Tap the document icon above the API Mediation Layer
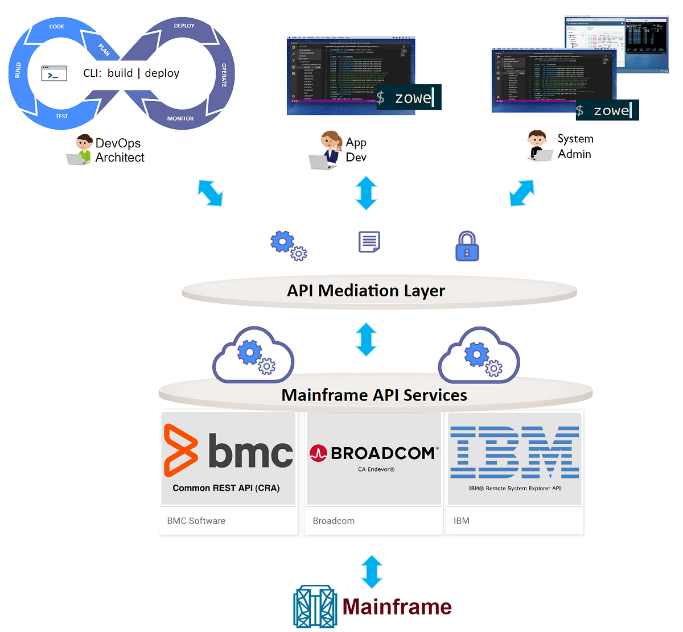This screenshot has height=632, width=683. coord(369,242)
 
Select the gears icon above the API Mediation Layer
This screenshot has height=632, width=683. coord(288,246)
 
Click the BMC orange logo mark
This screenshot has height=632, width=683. coord(180,450)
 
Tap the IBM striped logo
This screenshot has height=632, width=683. coord(515,452)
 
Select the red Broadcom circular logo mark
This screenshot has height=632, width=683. coord(318,453)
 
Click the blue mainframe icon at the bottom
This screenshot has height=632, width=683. coord(315,607)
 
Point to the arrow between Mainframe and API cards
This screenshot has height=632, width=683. coord(372,571)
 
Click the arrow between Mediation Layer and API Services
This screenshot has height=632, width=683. coord(366,339)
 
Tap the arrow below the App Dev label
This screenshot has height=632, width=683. coord(366,193)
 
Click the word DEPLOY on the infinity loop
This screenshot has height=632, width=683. coord(184,26)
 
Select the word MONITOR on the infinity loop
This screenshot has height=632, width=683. coord(180,118)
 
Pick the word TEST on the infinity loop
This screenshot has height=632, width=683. coord(61,116)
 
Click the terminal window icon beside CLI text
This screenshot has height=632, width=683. coord(54,74)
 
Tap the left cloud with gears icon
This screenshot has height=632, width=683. coord(253,355)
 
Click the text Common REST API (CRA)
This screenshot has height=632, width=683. coord(226,488)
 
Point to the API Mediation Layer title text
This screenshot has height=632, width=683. coord(366,291)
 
